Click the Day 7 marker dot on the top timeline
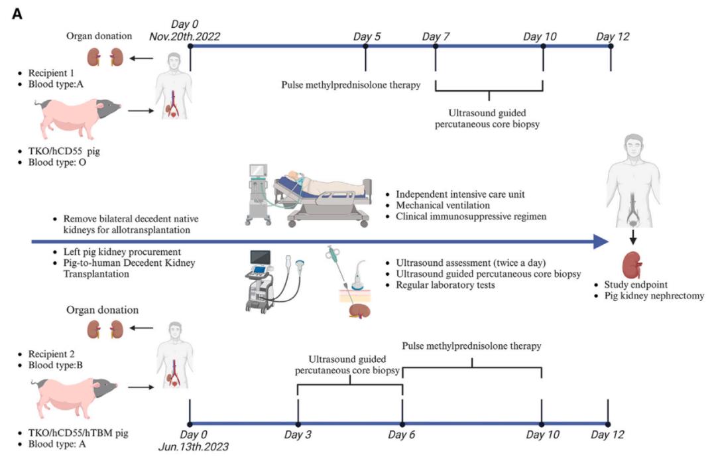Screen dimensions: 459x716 coord(436,47)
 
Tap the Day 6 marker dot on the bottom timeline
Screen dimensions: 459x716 coord(402,424)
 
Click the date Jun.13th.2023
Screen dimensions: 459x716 coord(200,447)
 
